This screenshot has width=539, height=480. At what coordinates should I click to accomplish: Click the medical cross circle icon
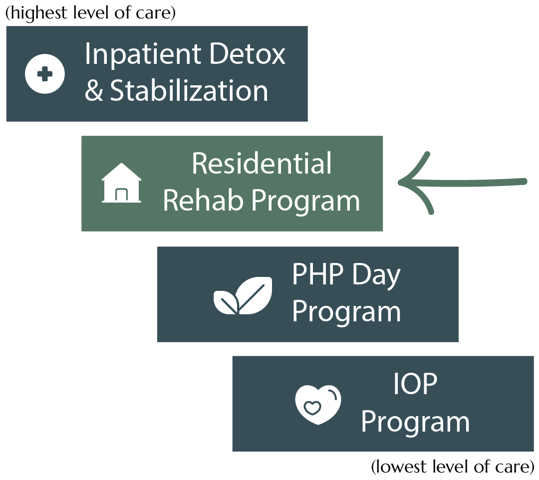click(x=45, y=74)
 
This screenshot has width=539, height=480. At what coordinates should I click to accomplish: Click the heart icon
click(x=318, y=404)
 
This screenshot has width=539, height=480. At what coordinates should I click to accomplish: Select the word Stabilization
click(x=189, y=91)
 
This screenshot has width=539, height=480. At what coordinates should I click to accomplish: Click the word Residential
click(x=262, y=163)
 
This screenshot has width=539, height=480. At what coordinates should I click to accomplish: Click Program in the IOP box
click(x=415, y=422)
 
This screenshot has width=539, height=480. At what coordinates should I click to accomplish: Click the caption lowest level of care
click(x=453, y=468)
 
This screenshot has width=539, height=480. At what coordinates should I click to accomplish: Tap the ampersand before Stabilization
click(x=93, y=91)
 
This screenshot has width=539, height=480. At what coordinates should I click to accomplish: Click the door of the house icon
click(x=121, y=195)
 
